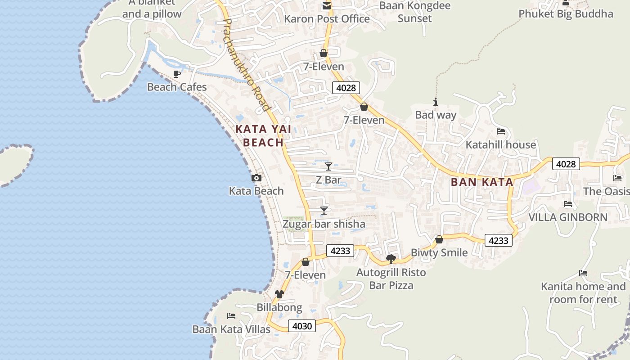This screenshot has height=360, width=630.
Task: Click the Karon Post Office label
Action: (327, 19)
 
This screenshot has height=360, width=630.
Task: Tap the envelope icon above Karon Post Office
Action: (326, 6)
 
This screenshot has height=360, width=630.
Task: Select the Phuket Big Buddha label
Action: (566, 14)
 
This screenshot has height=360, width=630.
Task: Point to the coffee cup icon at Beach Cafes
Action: (177, 74)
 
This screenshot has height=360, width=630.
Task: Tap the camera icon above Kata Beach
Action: (256, 178)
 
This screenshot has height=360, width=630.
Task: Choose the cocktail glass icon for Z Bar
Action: (328, 166)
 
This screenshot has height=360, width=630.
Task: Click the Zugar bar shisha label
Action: (324, 224)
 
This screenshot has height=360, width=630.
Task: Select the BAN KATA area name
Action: (482, 182)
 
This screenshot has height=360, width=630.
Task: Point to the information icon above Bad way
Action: (436, 102)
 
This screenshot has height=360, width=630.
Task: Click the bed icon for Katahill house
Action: (501, 131)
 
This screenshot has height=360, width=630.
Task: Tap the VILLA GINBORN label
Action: (567, 217)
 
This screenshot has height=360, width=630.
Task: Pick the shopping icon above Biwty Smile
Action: (439, 239)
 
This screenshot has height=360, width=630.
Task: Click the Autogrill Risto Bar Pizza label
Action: (391, 279)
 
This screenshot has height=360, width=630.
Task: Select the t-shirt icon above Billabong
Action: (279, 294)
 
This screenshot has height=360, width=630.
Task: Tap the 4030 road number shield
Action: (302, 326)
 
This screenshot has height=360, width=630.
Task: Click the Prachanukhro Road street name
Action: (247, 64)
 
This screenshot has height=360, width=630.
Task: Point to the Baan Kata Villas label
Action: (231, 329)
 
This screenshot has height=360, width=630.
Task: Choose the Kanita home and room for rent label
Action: (583, 293)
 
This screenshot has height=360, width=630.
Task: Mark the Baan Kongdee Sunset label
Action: (414, 12)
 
